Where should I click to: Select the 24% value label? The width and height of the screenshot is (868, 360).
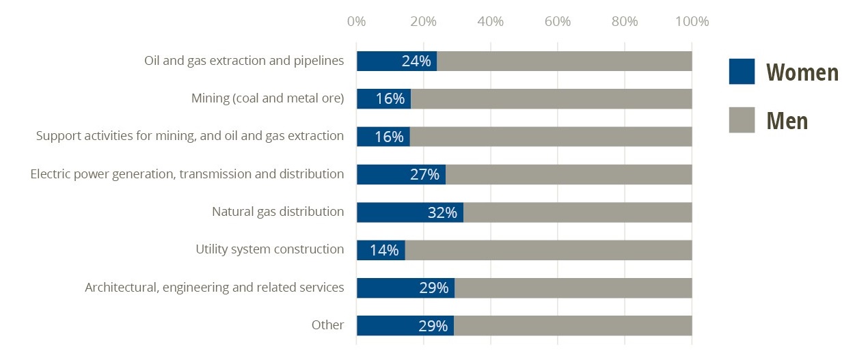click(x=416, y=61)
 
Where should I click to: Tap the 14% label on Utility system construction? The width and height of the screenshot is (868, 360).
click(x=384, y=250)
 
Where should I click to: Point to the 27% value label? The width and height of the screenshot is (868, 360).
click(x=424, y=175)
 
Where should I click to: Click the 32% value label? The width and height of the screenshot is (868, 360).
click(x=442, y=212)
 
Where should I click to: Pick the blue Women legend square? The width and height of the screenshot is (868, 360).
click(x=742, y=71)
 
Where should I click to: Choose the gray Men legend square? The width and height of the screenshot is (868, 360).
click(x=742, y=120)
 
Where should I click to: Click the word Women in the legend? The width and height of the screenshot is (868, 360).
click(x=802, y=72)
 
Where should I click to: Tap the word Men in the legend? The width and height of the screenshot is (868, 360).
click(x=787, y=121)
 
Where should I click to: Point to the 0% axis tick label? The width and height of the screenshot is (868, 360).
click(x=356, y=21)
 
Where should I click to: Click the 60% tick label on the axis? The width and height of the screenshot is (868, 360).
click(x=558, y=21)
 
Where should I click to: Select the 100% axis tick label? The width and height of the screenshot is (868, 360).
click(x=692, y=21)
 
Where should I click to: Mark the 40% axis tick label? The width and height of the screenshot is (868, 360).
click(x=490, y=21)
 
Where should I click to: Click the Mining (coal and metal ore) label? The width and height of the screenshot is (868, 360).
click(x=267, y=98)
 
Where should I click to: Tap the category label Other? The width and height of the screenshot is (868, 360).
click(x=327, y=325)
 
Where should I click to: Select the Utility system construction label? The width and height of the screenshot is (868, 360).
click(x=269, y=249)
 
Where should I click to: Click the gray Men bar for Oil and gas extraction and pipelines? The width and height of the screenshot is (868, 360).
click(x=564, y=61)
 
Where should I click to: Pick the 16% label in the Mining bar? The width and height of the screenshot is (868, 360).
click(x=390, y=99)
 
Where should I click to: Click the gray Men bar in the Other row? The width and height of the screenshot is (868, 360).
click(x=573, y=326)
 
